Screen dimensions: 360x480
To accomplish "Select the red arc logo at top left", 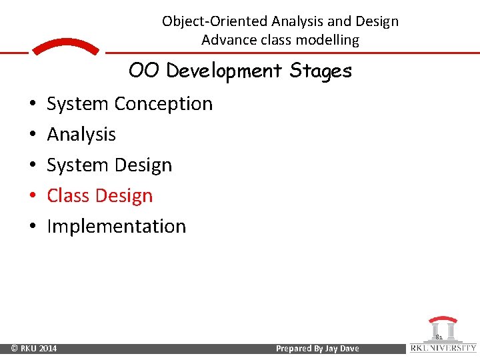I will tap(65, 47).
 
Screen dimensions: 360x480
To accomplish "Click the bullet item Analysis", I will tap(81, 135).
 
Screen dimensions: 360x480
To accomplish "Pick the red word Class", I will tap(70, 196).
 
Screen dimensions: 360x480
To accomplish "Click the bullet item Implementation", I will tap(117, 227).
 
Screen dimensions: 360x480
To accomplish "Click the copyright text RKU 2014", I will tap(34, 349).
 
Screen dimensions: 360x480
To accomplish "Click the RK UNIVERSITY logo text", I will tap(443, 348).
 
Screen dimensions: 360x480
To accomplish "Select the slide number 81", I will tap(439, 338).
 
